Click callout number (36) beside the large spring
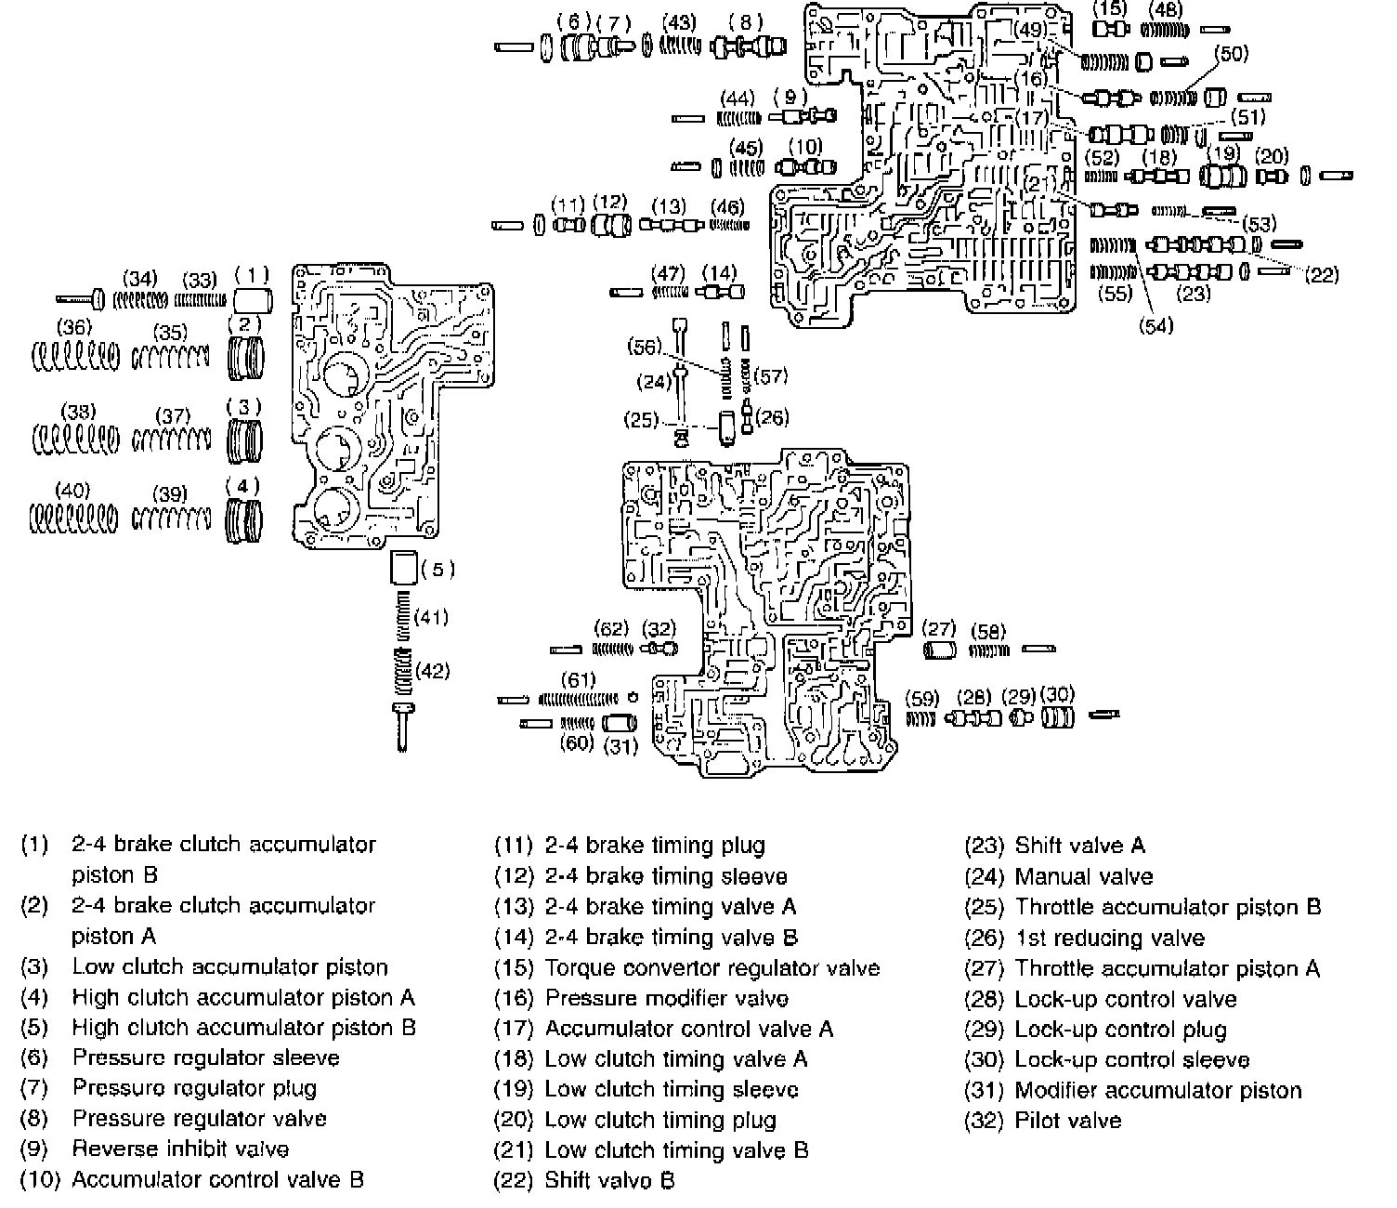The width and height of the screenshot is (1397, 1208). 74,327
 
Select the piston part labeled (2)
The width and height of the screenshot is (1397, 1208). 246,359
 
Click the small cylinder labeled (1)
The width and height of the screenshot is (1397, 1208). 252,299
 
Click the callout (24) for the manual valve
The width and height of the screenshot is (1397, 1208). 654,381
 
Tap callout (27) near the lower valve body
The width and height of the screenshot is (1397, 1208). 939,628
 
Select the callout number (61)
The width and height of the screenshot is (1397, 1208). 579,680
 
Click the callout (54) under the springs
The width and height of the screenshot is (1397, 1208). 1156,325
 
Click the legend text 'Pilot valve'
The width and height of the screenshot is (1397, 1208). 1068,1121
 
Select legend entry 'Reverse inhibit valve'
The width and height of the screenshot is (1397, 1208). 180,1149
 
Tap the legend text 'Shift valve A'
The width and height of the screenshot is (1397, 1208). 1080,846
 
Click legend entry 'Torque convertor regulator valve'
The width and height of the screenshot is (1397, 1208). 712,968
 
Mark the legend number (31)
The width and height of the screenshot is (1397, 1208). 985,1091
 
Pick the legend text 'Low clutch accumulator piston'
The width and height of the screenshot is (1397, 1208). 229,967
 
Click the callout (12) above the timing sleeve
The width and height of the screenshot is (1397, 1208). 609,202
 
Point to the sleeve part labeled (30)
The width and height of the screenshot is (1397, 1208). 1057,717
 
